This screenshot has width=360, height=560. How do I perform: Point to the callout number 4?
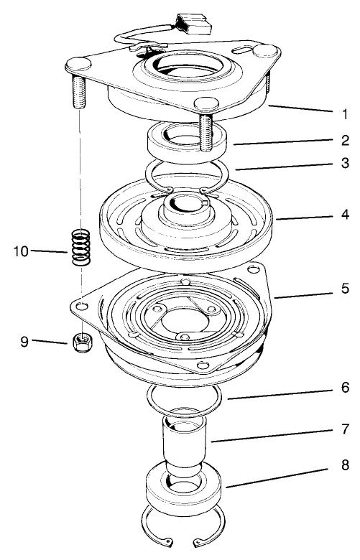(x=346, y=214)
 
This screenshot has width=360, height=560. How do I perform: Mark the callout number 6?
(x=346, y=388)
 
